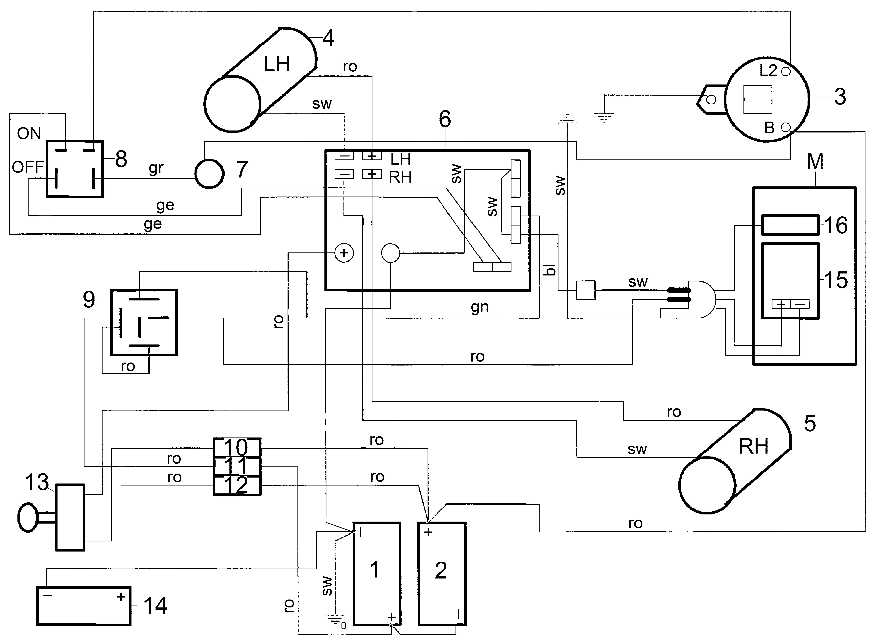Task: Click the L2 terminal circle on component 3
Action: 785,71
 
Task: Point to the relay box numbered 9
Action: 144,322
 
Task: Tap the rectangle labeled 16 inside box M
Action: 790,225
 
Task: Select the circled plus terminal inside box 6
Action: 344,253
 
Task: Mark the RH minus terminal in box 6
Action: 344,174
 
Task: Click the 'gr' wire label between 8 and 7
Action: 156,168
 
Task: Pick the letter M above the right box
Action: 815,162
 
